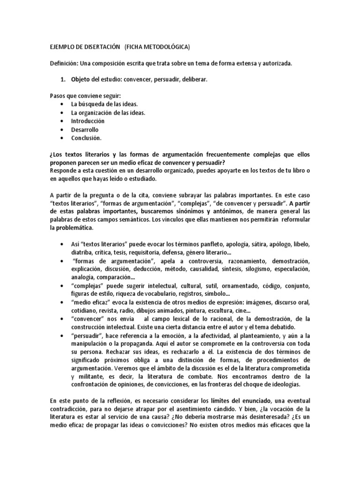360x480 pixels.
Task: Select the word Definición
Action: (x=64, y=63)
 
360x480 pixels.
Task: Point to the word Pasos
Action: (x=58, y=96)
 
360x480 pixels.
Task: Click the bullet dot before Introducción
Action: (x=62, y=121)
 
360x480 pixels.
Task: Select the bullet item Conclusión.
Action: (x=86, y=138)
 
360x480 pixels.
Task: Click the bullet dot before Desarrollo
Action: (x=62, y=129)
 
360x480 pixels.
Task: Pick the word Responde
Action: (x=64, y=171)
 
